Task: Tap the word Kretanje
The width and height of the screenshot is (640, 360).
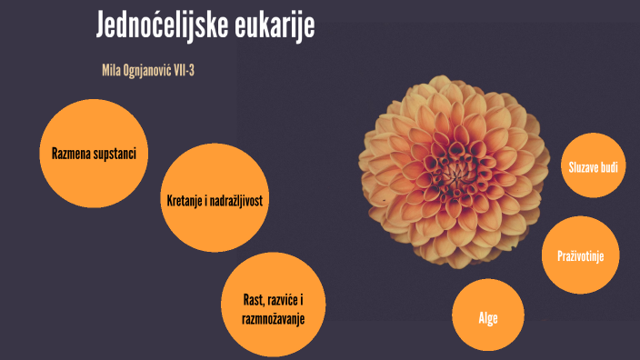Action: click(186, 200)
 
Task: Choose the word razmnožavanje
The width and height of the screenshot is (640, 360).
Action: click(273, 318)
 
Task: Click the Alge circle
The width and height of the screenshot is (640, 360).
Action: click(488, 316)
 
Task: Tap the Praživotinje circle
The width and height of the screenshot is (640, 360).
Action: click(586, 256)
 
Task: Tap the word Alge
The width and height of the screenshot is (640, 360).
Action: click(488, 318)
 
